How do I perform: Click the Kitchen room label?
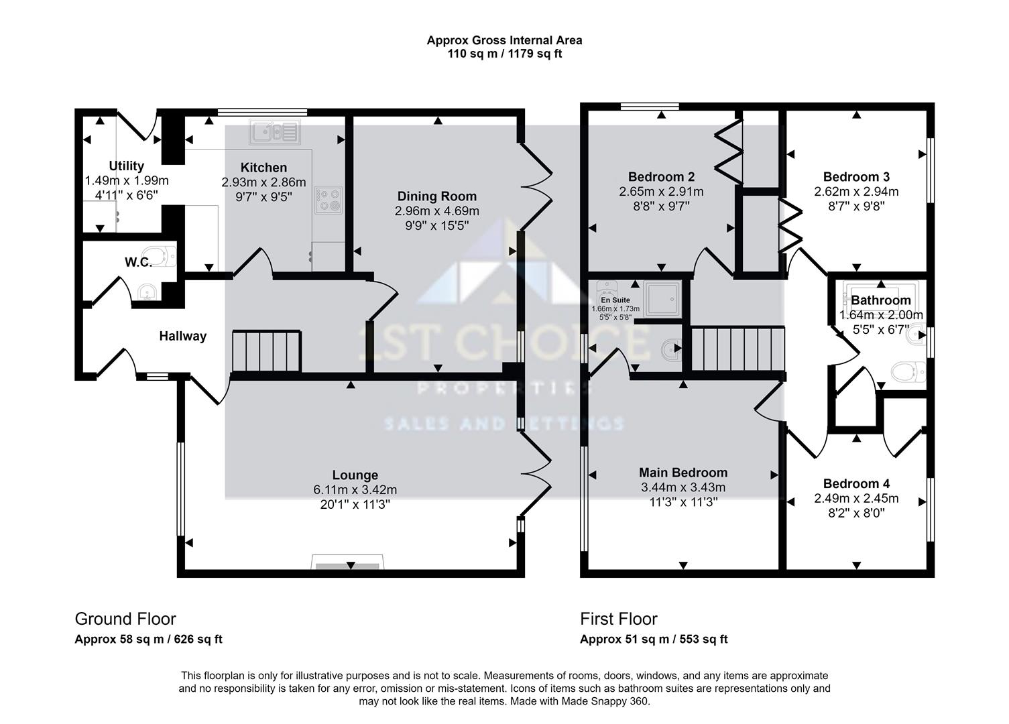(263, 168)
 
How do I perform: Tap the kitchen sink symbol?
(275, 132)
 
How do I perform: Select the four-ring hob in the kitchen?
(329, 200)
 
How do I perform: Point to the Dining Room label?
(436, 196)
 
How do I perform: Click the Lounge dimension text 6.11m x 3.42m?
(355, 490)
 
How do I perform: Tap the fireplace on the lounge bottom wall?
(347, 562)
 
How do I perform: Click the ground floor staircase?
(267, 351)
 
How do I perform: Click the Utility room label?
(127, 166)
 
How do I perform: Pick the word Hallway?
(183, 336)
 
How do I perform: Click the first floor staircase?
(738, 350)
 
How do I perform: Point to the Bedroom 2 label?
(661, 176)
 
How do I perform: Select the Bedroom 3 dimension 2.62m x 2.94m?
(856, 192)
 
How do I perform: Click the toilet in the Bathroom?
(908, 372)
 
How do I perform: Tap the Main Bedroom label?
(683, 473)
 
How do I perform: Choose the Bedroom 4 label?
(856, 484)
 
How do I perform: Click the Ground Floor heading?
(125, 619)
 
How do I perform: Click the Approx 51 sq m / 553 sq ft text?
(654, 640)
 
